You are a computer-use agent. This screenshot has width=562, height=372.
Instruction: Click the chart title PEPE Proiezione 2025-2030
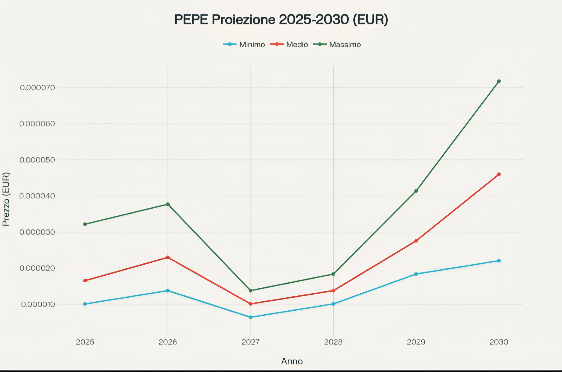tap(281, 19)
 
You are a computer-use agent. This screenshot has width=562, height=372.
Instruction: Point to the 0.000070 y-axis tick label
tap(37, 88)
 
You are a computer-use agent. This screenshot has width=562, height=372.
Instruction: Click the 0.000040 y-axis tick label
tap(37, 196)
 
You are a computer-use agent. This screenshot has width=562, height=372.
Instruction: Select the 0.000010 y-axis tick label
tap(38, 304)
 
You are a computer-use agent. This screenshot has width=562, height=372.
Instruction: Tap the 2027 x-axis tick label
tap(251, 342)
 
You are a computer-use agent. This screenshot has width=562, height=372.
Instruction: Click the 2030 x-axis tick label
tap(499, 342)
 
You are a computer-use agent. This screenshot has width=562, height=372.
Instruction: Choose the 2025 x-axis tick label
tap(85, 342)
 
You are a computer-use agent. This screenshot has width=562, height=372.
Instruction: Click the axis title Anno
tap(292, 361)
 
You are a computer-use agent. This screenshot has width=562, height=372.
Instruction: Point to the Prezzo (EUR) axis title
tap(6, 199)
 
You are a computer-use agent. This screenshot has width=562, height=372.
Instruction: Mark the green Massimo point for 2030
tap(499, 81)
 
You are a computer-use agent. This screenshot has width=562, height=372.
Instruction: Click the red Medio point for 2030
tap(499, 174)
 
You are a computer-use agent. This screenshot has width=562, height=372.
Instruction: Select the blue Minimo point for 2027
tap(251, 317)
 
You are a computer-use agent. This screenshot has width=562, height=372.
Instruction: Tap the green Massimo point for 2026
tap(168, 204)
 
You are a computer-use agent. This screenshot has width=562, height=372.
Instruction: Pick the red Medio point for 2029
tap(416, 241)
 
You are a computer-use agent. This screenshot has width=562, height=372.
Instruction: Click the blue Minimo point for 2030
tap(499, 261)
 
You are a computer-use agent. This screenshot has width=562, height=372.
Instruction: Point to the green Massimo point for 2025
tap(85, 224)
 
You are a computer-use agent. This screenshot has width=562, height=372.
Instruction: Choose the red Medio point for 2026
tap(168, 257)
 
